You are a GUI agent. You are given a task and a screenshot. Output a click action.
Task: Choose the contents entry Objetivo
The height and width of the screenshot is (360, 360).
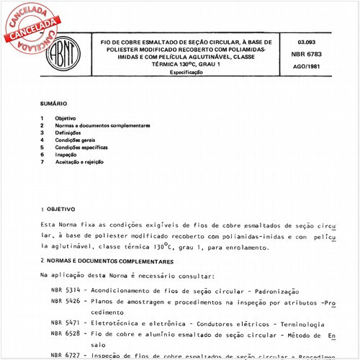(x=66, y=117)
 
